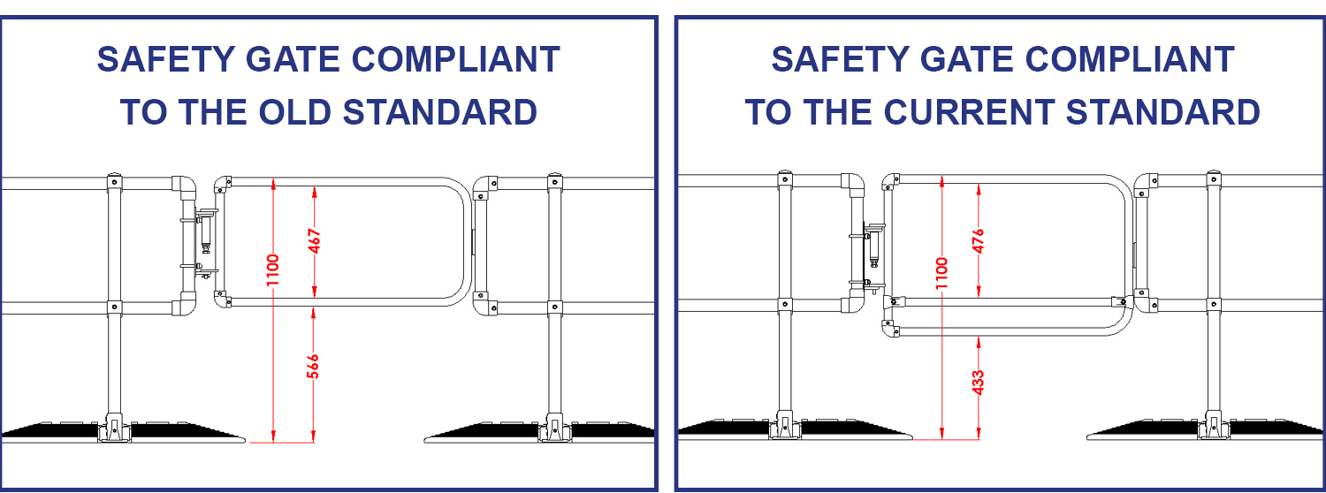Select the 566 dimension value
click(313, 367)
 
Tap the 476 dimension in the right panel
click(979, 240)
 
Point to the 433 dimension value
click(978, 381)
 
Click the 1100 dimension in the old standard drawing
click(273, 269)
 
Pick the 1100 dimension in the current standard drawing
click(941, 273)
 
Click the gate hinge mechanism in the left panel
click(202, 241)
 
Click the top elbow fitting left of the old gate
click(185, 186)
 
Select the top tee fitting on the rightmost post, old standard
click(554, 183)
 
